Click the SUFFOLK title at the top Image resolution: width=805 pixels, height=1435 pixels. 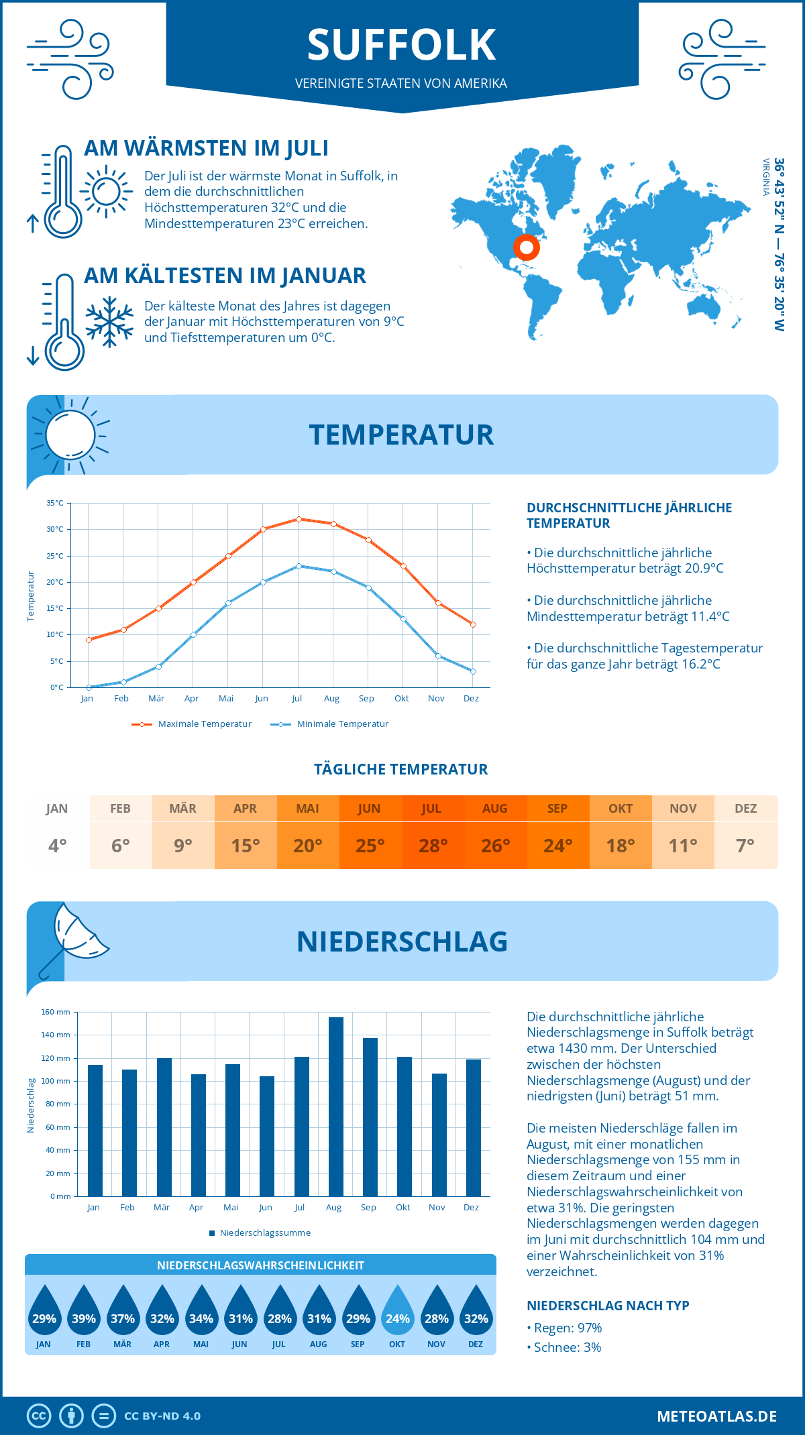point(401,45)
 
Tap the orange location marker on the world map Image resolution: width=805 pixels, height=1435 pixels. point(527,247)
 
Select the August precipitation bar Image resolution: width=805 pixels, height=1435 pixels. point(335,1106)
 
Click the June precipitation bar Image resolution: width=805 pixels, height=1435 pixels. point(266,1136)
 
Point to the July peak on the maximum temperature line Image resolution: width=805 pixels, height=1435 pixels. point(299,519)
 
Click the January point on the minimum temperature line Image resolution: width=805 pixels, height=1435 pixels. point(89,687)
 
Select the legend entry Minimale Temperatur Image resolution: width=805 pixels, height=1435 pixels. point(342,724)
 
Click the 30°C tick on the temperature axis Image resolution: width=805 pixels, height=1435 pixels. point(55,529)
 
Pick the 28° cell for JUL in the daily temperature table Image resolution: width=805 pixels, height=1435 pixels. point(433,846)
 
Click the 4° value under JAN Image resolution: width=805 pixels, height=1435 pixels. point(58,846)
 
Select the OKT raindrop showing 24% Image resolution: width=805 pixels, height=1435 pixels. point(397,1310)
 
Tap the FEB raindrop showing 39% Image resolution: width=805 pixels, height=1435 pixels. point(84,1310)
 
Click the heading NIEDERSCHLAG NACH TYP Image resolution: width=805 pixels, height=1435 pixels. point(608,1306)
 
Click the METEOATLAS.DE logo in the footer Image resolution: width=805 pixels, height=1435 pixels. point(716,1416)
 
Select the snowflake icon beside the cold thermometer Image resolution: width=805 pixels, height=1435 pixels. point(109,322)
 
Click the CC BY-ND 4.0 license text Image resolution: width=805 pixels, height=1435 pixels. point(162,1416)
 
